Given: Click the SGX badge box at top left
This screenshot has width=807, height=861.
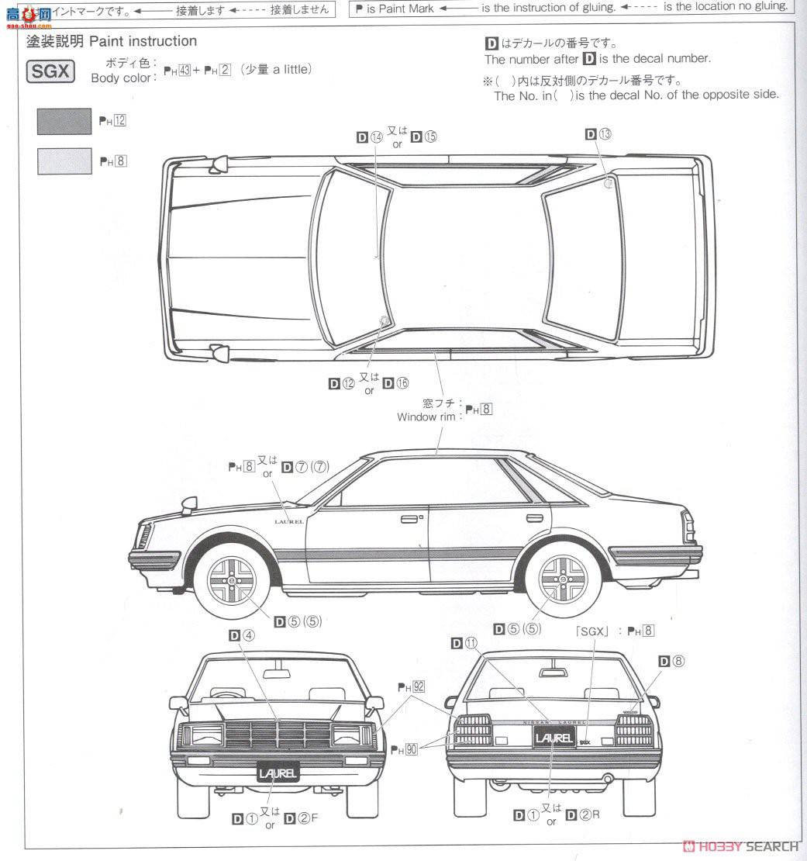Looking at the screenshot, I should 51,72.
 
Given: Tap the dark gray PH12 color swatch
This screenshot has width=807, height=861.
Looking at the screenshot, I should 64,121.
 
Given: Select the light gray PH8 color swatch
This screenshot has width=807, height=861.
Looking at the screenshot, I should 64,161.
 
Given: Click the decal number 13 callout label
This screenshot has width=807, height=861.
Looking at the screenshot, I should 598,134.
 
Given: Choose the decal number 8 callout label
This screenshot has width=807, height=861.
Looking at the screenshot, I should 672,661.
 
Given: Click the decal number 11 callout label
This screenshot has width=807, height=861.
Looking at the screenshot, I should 466,642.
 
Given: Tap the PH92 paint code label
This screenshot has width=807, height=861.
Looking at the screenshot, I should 412,686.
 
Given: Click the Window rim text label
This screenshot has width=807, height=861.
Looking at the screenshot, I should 427,417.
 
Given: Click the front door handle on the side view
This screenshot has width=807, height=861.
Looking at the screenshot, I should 409,517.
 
